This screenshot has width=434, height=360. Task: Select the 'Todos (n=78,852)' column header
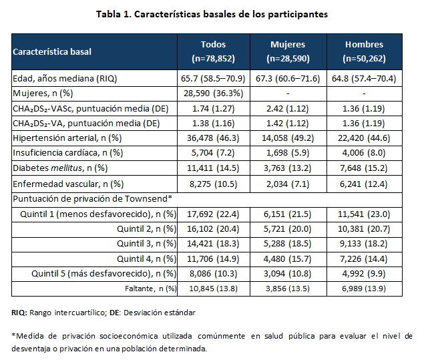(212, 51)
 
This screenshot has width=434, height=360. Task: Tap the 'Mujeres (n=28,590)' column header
(288, 51)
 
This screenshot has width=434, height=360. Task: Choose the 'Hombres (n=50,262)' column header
(364, 51)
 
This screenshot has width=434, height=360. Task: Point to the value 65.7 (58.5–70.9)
(212, 79)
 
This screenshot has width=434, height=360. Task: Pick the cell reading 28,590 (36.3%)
(212, 94)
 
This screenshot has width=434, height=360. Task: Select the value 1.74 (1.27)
(212, 108)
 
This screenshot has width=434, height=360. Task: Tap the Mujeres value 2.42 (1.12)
(288, 108)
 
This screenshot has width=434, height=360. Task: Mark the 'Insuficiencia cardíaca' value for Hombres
(364, 152)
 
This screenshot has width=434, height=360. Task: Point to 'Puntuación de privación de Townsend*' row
(92, 198)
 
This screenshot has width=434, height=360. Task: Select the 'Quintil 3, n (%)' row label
(146, 244)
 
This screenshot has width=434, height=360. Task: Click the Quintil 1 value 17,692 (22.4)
(212, 214)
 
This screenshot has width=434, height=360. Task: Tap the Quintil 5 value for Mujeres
(288, 274)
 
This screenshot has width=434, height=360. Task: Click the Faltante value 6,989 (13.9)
(364, 289)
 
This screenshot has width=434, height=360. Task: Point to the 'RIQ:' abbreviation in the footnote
(19, 313)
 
